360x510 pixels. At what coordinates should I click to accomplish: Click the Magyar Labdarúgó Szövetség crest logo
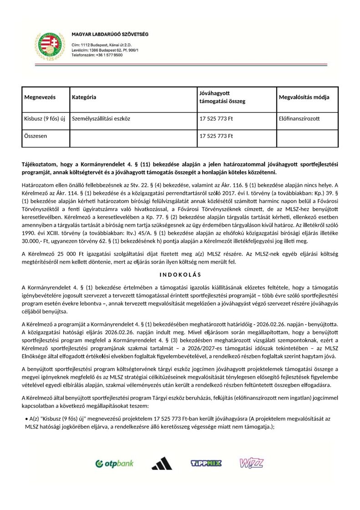[x=50, y=46]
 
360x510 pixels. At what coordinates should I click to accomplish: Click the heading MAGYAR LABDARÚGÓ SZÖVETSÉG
[x=110, y=35]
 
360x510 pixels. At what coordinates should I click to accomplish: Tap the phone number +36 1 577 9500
[x=97, y=55]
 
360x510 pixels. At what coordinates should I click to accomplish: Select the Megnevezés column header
[x=40, y=97]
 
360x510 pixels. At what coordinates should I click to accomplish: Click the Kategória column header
[x=84, y=97]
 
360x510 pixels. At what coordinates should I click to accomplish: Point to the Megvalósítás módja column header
[x=304, y=97]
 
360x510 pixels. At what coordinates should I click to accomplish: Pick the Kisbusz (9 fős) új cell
[x=45, y=119]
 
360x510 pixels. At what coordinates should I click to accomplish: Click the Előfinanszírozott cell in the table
[x=299, y=119]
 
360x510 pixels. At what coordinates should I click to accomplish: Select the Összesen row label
[x=36, y=136]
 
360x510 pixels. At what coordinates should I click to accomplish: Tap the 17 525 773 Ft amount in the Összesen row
[x=216, y=136]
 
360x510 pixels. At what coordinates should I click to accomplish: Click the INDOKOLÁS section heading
[x=180, y=275]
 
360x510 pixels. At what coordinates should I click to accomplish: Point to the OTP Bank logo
[x=114, y=464]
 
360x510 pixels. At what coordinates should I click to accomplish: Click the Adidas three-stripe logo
[x=162, y=464]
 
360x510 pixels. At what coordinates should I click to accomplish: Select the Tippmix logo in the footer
[x=206, y=464]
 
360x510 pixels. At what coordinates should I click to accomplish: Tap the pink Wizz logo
[x=251, y=463]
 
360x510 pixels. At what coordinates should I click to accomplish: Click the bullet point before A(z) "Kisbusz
[x=26, y=418]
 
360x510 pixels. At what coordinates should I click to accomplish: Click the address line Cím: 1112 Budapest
[x=96, y=45]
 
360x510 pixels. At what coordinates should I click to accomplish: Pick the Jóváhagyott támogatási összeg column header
[x=222, y=97]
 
